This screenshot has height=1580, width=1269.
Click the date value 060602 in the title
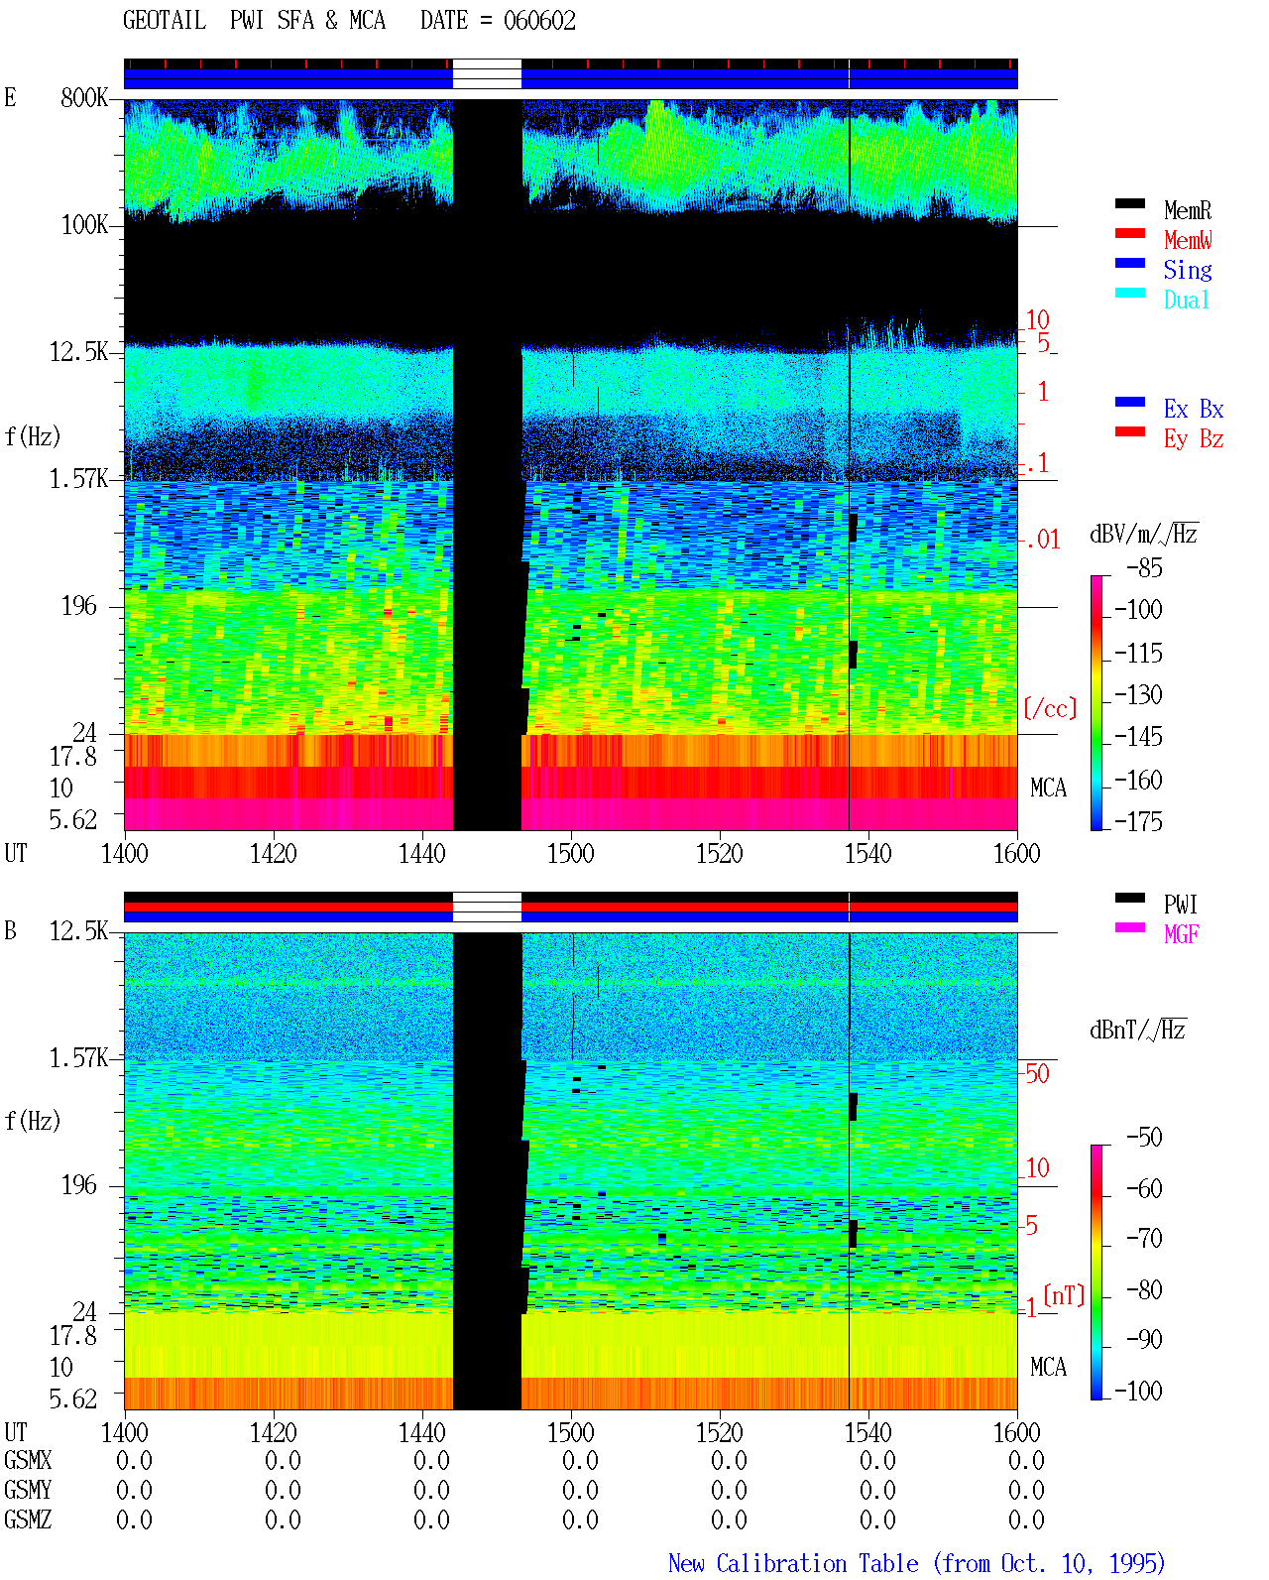tap(539, 21)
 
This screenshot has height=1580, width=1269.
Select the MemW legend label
tap(1188, 239)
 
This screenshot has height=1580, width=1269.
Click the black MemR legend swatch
tap(1129, 203)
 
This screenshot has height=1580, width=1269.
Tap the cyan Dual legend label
tap(1186, 300)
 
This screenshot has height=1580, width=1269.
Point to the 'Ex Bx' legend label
tap(1194, 409)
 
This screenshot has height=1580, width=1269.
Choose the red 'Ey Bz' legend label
tap(1194, 438)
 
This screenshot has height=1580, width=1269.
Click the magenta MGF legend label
tap(1181, 934)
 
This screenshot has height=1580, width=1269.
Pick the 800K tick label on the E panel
tap(84, 97)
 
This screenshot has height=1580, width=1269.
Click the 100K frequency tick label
tap(84, 225)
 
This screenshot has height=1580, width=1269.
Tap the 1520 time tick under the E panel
tap(720, 853)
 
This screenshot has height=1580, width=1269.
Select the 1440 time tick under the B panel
tap(422, 1432)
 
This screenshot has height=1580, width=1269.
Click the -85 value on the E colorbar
tap(1144, 567)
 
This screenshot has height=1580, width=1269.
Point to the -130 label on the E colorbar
tap(1138, 694)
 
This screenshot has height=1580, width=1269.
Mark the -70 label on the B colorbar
tap(1144, 1238)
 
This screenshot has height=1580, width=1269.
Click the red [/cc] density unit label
tap(1050, 708)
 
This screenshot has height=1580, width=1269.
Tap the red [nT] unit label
tap(1064, 1295)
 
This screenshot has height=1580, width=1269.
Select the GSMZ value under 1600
tap(1026, 1519)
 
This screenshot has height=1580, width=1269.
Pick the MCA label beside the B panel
tap(1048, 1367)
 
